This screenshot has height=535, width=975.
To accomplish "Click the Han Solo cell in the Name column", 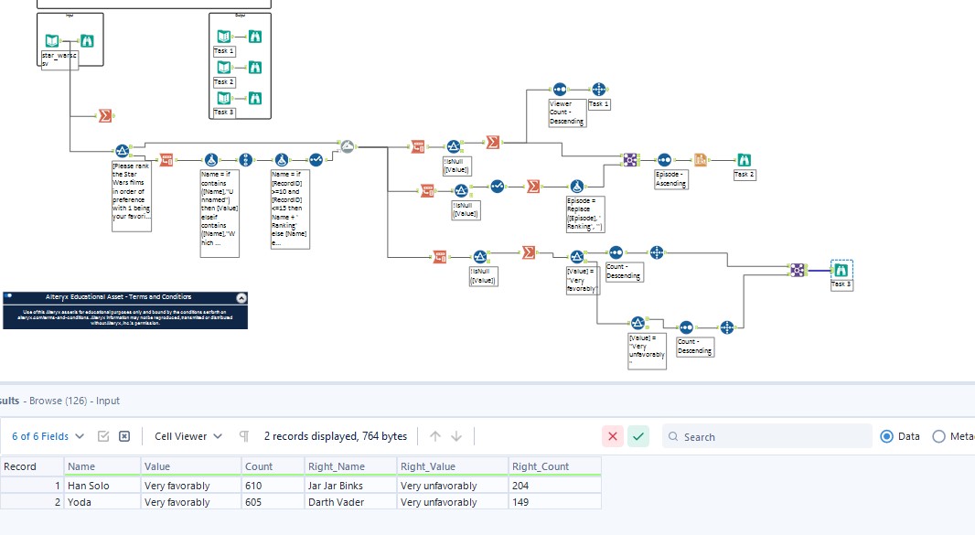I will point(89,486).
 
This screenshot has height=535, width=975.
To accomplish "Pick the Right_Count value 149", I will point(522,502).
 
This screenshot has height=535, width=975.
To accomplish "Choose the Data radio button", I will point(885,436).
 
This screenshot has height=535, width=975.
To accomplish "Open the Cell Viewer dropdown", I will point(187,436).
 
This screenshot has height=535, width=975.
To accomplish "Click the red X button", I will point(613,436).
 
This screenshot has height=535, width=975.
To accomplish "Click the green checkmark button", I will point(638,436).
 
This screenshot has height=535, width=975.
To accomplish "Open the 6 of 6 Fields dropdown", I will point(48,436).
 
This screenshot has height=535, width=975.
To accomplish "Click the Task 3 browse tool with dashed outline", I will point(841,270).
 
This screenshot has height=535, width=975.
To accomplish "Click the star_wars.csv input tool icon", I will point(53,41).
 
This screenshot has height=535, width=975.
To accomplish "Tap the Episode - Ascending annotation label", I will point(670,179).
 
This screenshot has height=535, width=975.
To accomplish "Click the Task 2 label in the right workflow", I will point(745,175).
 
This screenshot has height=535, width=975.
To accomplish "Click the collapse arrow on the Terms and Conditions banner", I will point(241,297).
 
